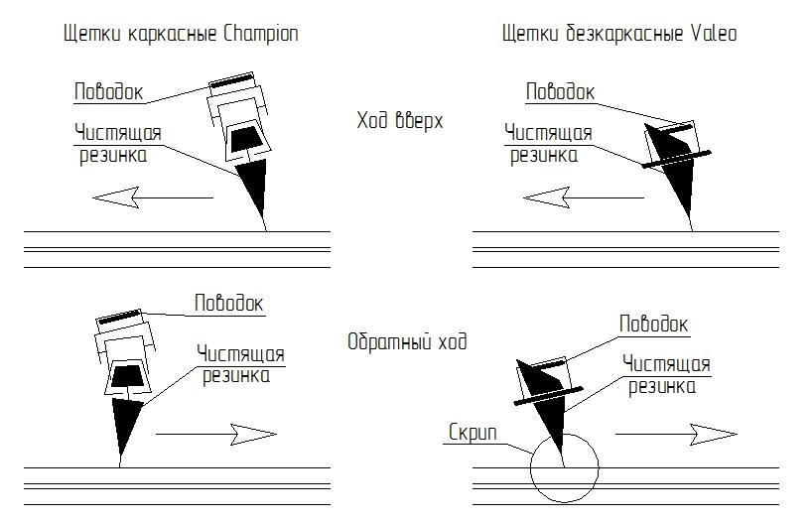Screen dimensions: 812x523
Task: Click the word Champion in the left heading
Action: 260,34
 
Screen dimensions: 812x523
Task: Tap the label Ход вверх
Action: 400,121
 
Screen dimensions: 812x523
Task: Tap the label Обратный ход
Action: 407,341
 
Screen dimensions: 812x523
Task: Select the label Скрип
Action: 473,432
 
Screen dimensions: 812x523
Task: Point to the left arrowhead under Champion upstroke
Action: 115,197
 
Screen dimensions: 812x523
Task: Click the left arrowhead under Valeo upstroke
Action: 546,197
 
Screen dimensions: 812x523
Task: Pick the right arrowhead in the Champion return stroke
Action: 253,435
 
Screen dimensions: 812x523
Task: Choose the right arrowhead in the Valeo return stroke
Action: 714,435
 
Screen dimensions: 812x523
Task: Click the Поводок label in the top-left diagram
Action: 109,92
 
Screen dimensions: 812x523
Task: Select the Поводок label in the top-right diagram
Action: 560,92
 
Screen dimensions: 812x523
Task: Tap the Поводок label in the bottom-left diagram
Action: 229,304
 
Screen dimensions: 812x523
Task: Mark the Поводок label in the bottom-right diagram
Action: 653,325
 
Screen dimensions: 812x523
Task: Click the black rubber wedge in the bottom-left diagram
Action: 125,422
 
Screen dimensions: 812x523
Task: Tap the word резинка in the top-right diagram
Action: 544,156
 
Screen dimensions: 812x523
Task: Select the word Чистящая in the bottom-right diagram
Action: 666,364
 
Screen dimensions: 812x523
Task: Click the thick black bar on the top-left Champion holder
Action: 232,81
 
